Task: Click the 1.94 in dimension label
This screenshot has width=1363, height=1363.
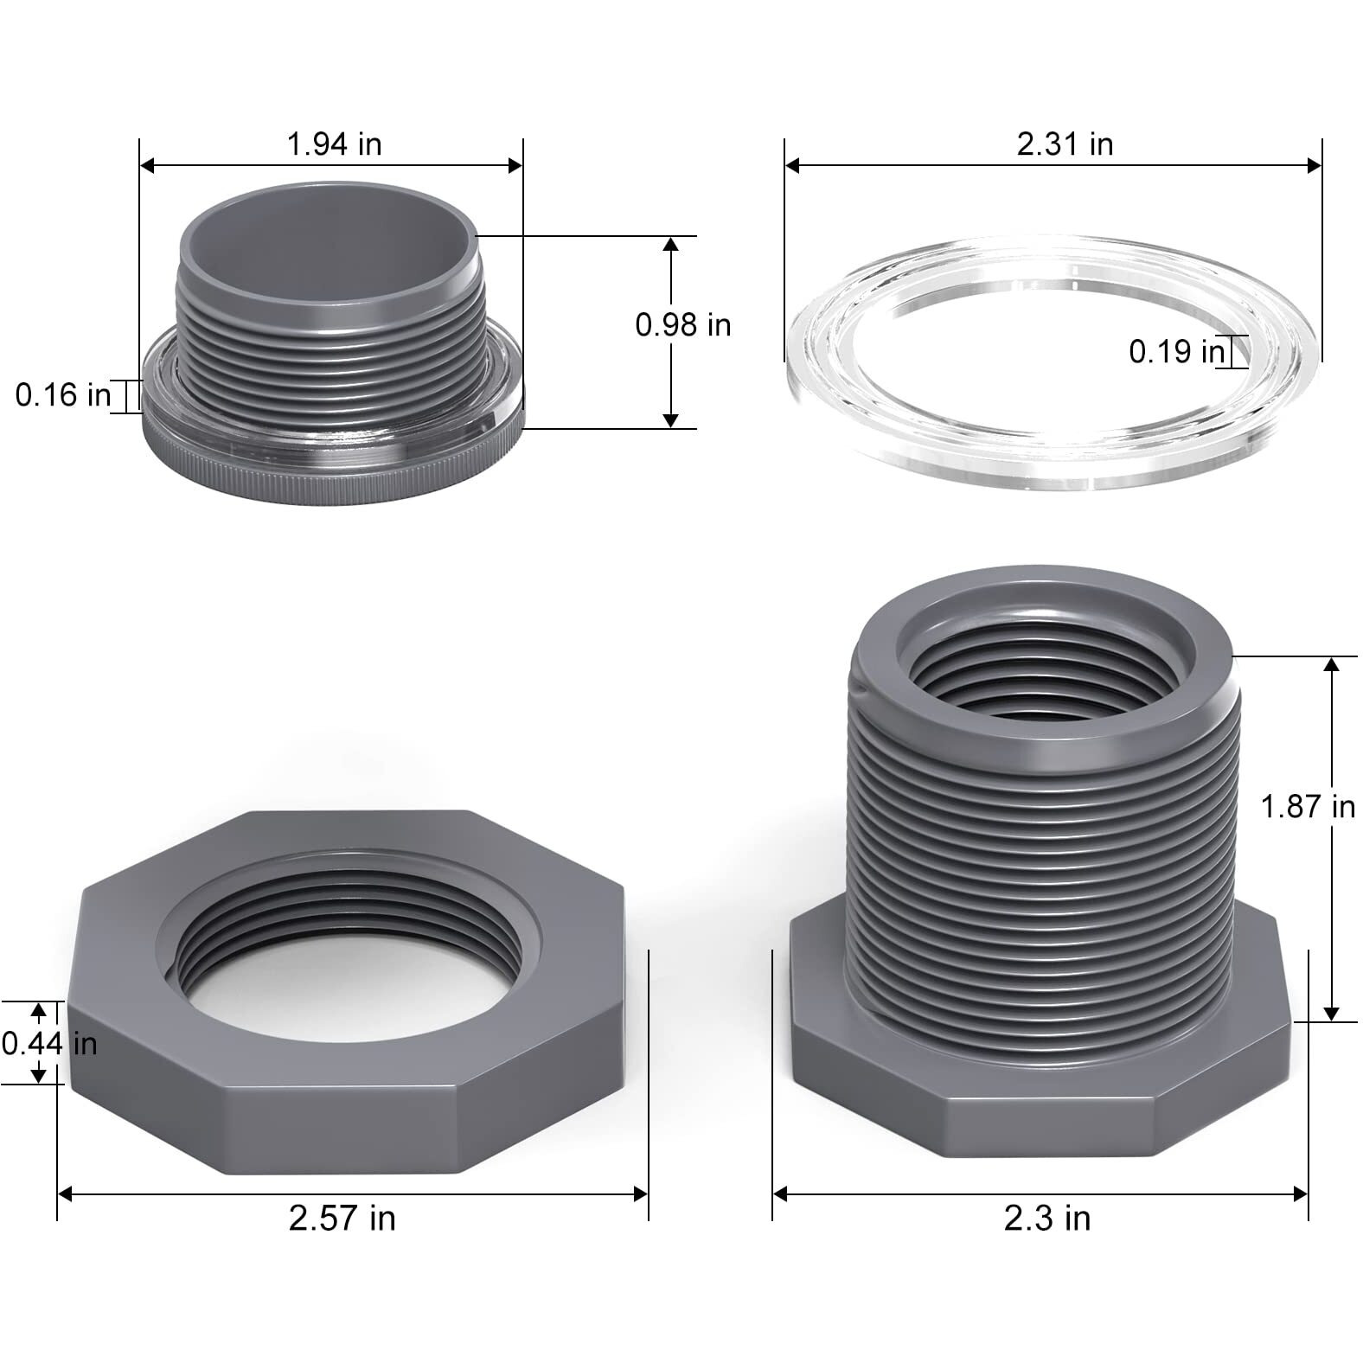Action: tap(334, 144)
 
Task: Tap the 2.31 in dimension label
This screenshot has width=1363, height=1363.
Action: tap(1064, 144)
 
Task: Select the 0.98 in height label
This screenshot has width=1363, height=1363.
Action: tap(682, 325)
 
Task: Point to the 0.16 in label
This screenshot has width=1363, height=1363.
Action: tap(63, 395)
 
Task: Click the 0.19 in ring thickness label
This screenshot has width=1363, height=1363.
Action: tap(1176, 352)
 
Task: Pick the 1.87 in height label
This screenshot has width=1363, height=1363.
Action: tap(1307, 807)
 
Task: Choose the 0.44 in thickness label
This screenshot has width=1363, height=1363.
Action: tap(48, 1044)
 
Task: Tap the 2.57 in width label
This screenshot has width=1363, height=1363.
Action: tap(342, 1219)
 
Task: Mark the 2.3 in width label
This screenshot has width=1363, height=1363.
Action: tap(1046, 1219)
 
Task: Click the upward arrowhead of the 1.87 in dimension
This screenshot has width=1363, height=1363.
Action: tap(1331, 664)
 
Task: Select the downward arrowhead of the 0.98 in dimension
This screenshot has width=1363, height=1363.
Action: tap(670, 420)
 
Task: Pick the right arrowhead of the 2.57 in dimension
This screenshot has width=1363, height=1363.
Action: tap(641, 1193)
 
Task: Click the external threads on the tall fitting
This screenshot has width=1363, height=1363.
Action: tap(1038, 865)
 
